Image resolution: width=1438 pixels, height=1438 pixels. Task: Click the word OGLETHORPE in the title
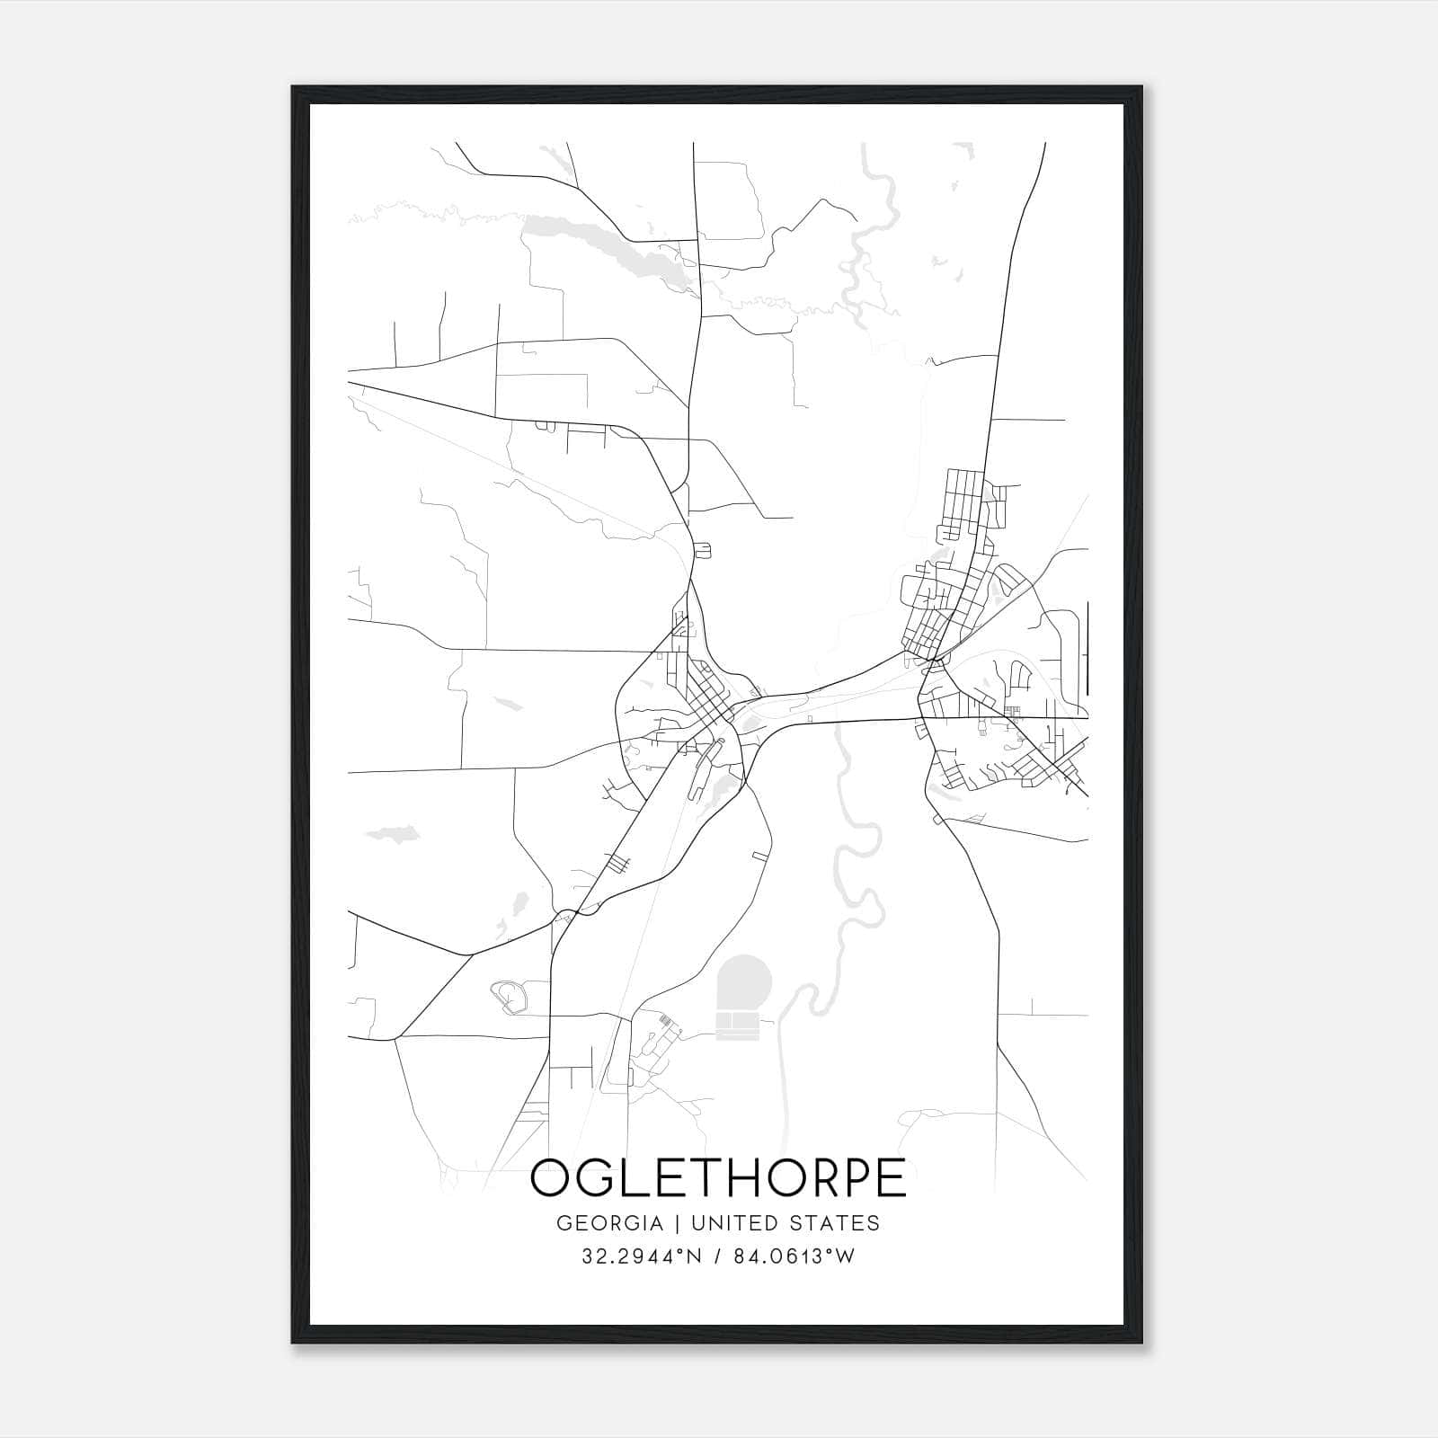coord(718,1178)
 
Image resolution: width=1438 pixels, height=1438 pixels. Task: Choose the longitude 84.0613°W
coord(794,1256)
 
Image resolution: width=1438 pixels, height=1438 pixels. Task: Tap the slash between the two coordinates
coord(716,1256)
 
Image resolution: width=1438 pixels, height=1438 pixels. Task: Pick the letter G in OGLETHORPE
coord(598,1178)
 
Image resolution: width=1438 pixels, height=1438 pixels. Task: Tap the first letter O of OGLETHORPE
coord(551,1178)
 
